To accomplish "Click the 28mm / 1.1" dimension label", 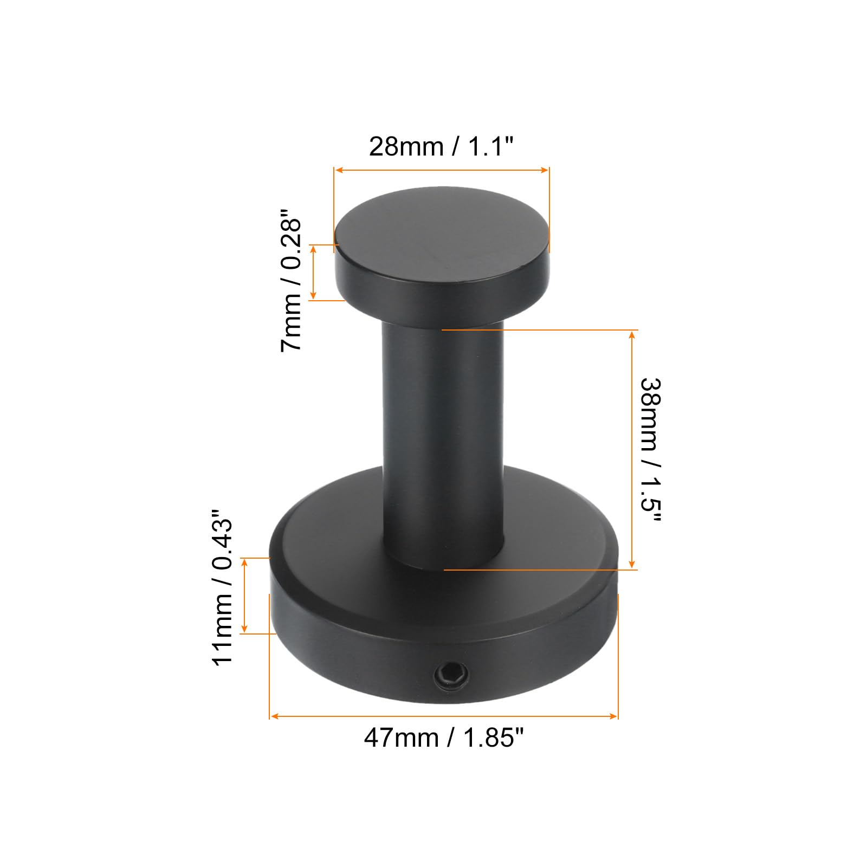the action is pyautogui.click(x=441, y=146).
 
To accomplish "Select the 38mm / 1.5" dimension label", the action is pyautogui.click(x=651, y=450).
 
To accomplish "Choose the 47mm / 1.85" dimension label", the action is pyautogui.click(x=444, y=737).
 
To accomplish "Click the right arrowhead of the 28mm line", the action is pyautogui.click(x=545, y=170).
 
